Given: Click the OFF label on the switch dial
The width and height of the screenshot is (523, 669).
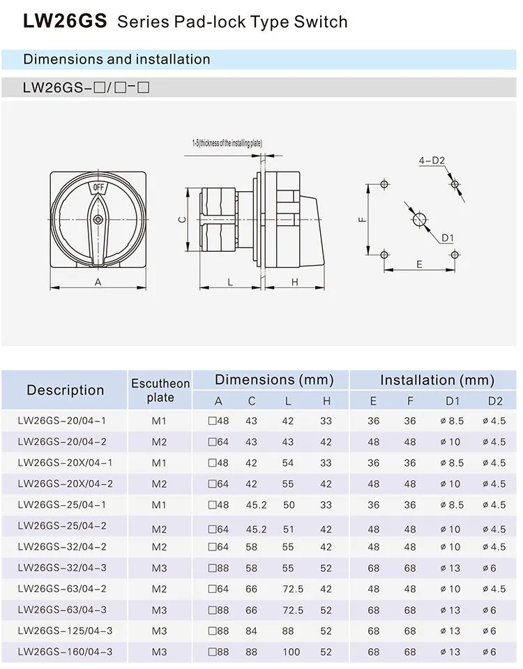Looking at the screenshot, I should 98,188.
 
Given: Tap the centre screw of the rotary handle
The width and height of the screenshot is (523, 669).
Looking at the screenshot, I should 98,219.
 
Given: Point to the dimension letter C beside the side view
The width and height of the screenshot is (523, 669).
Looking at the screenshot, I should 180,219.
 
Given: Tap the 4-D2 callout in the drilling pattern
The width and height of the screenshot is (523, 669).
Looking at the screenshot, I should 432,160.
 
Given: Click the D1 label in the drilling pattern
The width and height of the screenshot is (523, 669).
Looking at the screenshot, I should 447,239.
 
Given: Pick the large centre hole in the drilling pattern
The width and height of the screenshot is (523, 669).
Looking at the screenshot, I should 419,219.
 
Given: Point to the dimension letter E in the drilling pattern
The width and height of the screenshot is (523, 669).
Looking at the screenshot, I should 419,264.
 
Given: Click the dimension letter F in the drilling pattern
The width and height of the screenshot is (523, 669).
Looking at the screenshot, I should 362,219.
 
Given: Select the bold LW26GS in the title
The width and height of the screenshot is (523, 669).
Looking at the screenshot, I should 65,22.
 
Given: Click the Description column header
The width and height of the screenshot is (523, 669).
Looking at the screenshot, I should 65,390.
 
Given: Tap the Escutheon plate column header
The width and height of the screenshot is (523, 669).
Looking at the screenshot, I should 160,391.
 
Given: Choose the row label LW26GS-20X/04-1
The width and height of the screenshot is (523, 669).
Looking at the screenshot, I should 65,463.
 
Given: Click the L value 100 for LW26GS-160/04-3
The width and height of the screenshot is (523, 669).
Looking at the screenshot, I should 291,652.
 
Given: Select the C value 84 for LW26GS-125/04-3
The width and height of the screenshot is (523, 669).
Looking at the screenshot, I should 251,631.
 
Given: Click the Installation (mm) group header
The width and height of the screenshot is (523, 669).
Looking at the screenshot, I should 437,380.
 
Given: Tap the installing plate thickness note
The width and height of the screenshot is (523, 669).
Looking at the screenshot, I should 227,143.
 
